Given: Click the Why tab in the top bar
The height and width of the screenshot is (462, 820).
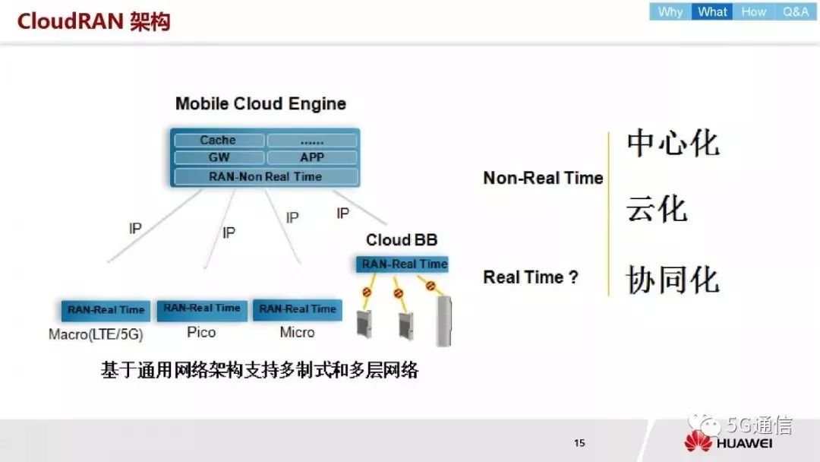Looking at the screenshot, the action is pos(670,11).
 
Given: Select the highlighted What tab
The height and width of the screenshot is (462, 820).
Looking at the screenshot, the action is pos(712,11).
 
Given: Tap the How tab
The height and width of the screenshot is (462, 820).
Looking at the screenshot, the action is pos(754,11).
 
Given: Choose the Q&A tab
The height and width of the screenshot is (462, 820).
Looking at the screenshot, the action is pos(796,11).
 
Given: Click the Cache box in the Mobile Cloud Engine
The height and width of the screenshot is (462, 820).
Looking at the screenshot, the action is pos(219,141).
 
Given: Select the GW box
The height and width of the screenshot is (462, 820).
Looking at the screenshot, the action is pos(219,157).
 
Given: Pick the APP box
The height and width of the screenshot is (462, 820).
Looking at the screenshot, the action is pos(312,157).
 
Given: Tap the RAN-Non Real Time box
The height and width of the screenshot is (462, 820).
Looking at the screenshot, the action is pos(266,177).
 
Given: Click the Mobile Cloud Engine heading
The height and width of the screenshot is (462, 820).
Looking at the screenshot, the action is pos(260,103).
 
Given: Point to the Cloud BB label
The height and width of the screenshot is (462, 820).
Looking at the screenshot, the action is pos(402,240).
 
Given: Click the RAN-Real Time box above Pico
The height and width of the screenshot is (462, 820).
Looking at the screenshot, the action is pos(202,309).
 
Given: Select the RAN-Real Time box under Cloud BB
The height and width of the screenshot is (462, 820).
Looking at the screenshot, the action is pos(402,264).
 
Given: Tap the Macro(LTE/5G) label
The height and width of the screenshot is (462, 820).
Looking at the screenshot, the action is pos(96,334).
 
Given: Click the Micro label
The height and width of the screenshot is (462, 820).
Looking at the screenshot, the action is pos(297,332).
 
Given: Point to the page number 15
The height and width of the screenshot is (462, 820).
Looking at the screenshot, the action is pos(579,443).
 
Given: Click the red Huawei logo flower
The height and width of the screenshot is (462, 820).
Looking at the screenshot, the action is pos(699,441).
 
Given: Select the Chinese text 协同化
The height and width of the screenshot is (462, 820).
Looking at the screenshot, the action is pos(673,280).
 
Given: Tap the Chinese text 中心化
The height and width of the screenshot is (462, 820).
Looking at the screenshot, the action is pos(673,143).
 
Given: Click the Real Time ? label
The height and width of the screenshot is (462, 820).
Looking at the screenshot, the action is pos(531,277).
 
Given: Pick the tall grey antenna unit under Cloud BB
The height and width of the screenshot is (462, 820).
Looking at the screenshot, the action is pos(444,321).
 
